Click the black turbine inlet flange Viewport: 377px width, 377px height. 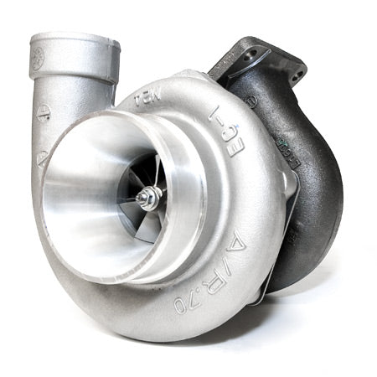click(x=268, y=59)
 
